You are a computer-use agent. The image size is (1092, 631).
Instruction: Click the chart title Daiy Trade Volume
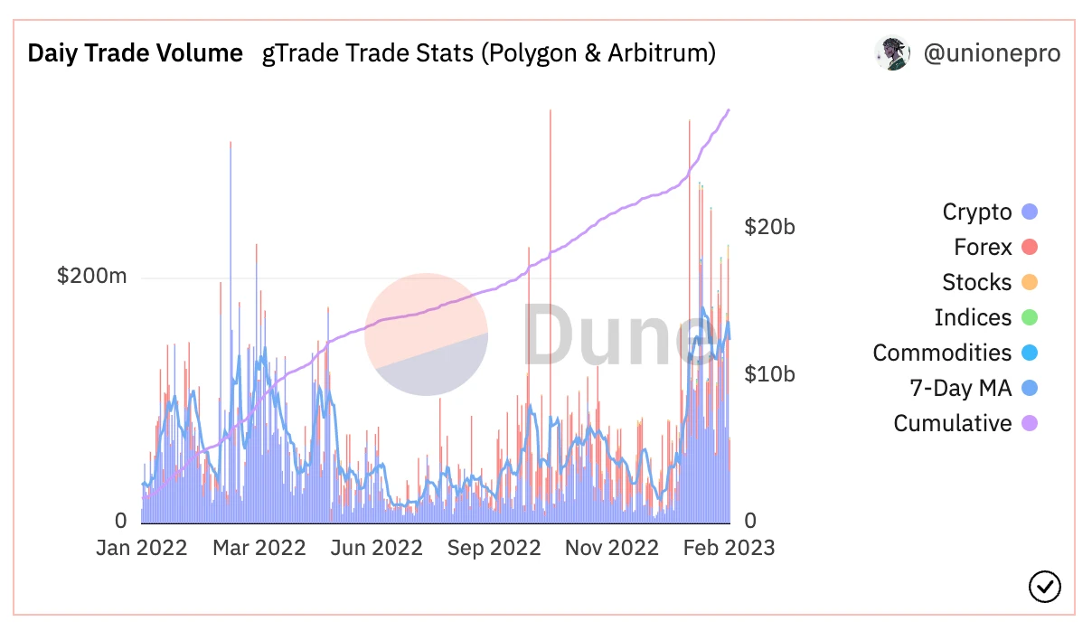tap(135, 53)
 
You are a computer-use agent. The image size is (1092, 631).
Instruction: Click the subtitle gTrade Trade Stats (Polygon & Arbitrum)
tap(489, 53)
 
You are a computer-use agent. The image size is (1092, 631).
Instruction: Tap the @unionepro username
tap(992, 53)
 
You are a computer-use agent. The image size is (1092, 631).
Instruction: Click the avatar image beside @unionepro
tap(892, 53)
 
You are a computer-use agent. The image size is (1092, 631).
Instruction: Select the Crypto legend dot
tap(1029, 212)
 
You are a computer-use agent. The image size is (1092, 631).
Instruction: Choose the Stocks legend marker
tap(1029, 283)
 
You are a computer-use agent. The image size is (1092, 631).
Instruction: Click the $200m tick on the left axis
tap(91, 277)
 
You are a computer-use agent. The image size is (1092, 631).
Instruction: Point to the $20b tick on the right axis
tap(769, 227)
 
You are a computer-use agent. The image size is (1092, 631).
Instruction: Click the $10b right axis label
tap(769, 374)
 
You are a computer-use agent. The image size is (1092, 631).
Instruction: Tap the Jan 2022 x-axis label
tap(142, 548)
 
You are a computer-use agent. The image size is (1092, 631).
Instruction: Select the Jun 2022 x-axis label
tap(376, 548)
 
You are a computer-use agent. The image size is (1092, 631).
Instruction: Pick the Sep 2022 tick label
tap(494, 548)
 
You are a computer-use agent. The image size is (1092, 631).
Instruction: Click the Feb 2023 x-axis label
tap(729, 548)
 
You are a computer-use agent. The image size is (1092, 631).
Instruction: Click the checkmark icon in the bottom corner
tap(1045, 587)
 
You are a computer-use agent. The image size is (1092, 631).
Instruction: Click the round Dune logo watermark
tap(427, 334)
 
